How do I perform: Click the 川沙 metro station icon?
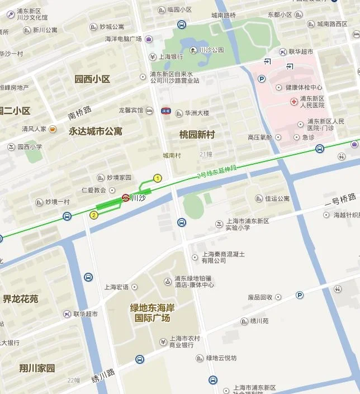point(126,197)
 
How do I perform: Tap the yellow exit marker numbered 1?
point(158,178)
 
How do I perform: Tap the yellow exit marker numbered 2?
point(93,215)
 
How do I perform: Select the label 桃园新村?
point(197,134)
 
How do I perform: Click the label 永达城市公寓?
point(95,131)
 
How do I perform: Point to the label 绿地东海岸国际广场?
point(152,312)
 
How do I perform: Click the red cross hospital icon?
point(293,101)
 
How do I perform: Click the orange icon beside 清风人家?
point(53,129)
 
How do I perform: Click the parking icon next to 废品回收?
point(300,295)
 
